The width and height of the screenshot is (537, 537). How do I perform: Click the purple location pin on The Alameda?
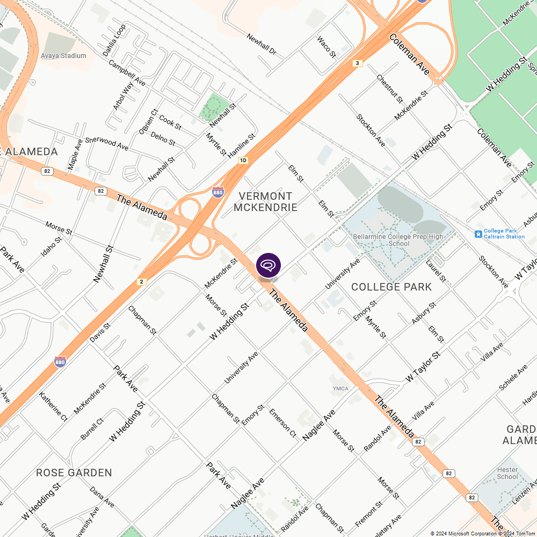click(268, 265)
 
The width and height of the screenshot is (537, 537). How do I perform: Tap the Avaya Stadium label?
click(63, 56)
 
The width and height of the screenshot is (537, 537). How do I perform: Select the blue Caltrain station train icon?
click(478, 234)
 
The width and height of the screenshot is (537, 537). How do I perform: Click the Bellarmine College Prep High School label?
click(398, 240)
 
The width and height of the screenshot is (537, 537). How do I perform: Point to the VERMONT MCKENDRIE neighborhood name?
click(266, 202)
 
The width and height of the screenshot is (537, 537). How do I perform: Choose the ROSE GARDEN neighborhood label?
click(74, 473)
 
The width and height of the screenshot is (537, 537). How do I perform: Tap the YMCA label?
click(340, 389)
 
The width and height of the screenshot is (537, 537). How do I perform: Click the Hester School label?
click(507, 473)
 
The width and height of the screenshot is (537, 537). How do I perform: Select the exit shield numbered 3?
click(358, 63)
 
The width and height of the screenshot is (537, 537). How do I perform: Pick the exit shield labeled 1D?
click(243, 160)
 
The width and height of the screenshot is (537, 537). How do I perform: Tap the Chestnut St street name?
click(389, 89)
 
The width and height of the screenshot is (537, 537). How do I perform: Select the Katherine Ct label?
click(53, 407)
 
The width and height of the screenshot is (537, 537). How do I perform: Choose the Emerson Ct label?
click(282, 423)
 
